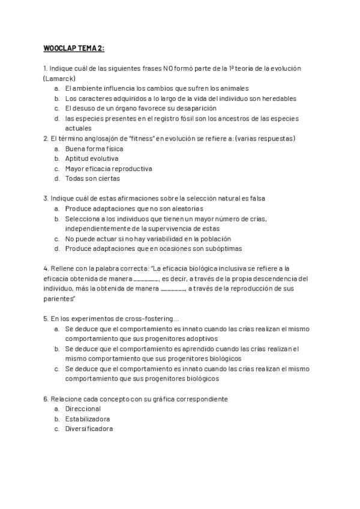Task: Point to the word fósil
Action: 190,119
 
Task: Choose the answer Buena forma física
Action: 94,149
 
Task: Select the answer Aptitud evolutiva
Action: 92,158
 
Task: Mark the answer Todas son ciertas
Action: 92,178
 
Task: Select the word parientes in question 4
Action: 58,299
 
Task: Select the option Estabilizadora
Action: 88,419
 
